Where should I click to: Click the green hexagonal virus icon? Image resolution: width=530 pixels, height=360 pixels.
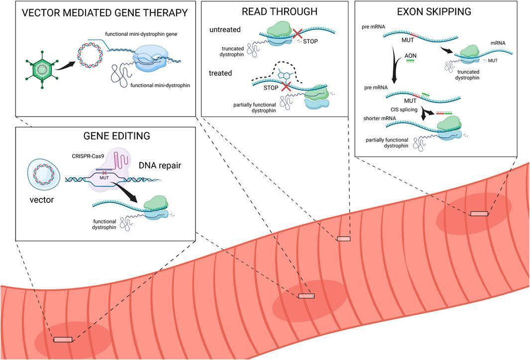(x=42, y=70)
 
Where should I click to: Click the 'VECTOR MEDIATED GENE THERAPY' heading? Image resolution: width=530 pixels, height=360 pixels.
(x=105, y=13)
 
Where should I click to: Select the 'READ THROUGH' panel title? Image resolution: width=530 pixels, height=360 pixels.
(x=280, y=11)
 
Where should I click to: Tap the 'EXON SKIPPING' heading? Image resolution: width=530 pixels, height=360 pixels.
(x=434, y=11)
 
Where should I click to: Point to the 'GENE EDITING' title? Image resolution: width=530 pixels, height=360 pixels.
(x=116, y=136)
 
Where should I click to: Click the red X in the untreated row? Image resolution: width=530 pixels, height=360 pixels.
(x=298, y=33)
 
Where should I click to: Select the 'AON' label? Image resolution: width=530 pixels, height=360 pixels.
(x=411, y=56)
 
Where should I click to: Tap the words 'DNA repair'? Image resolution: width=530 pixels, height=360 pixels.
(x=160, y=166)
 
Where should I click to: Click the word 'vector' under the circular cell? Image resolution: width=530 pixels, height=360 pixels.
(x=42, y=199)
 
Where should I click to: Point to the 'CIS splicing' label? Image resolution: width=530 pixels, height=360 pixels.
(x=404, y=109)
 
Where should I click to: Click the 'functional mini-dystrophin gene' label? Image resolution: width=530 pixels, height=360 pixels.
(x=141, y=34)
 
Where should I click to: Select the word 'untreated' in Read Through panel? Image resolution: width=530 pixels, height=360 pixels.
(x=225, y=29)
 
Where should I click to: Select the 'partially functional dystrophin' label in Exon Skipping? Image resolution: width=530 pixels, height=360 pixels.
(x=387, y=143)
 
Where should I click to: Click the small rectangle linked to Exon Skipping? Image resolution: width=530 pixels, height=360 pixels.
(x=479, y=213)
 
